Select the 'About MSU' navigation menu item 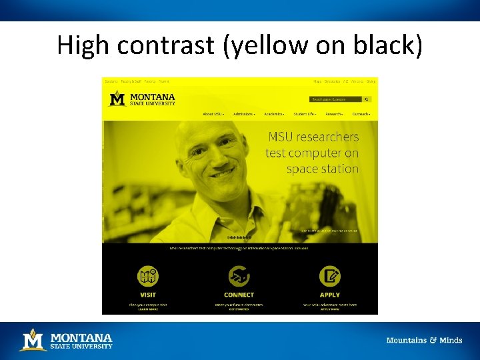[x=213, y=114]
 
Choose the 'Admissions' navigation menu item [x=243, y=114]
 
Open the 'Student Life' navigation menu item [x=305, y=114]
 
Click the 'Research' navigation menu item [x=334, y=114]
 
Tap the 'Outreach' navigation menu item [x=361, y=114]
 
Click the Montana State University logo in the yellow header [x=143, y=99]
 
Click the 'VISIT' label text [x=148, y=295]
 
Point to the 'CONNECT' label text [x=239, y=295]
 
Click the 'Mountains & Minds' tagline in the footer [x=424, y=341]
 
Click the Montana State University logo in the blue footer [x=66, y=341]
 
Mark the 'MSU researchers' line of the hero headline [x=313, y=137]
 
